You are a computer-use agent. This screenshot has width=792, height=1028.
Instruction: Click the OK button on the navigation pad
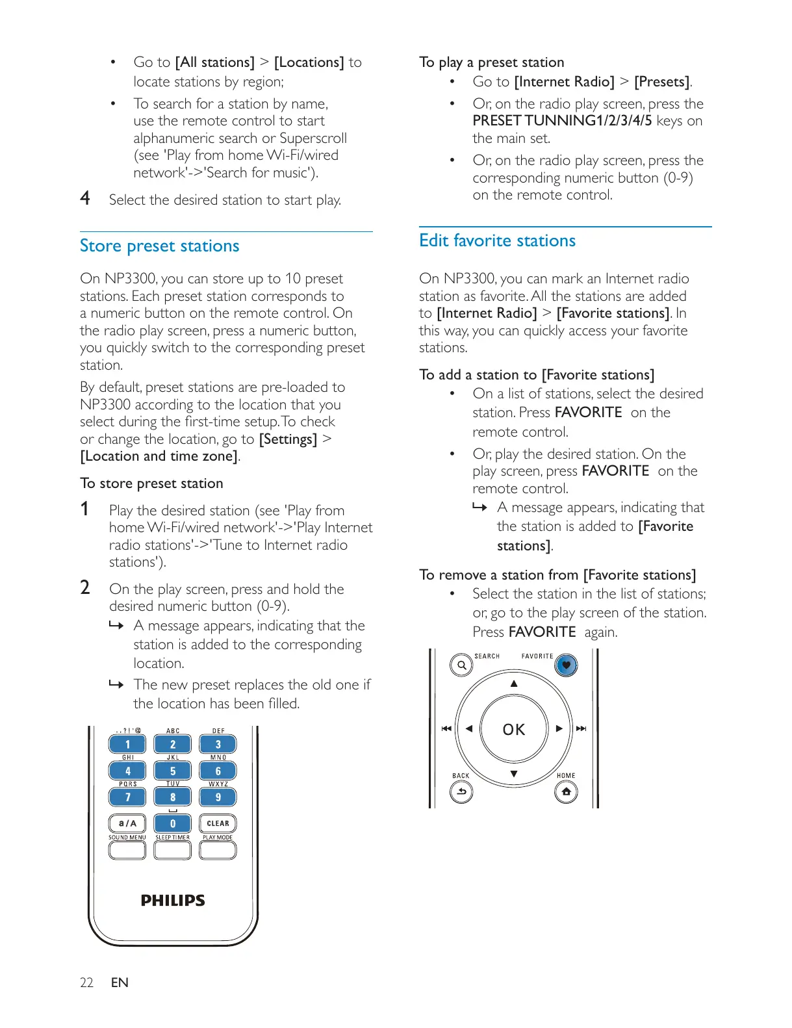click(513, 729)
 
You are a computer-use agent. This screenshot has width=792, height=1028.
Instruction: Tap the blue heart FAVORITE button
click(566, 665)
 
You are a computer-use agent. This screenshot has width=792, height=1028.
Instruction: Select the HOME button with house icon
click(566, 791)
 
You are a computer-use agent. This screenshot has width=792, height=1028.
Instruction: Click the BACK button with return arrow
click(461, 791)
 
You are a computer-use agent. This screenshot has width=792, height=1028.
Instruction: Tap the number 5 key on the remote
click(173, 771)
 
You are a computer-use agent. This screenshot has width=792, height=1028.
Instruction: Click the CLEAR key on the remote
click(218, 823)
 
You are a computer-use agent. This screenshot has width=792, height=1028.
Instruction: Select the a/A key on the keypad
click(127, 823)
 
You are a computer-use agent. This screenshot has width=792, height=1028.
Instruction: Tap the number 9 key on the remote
click(218, 797)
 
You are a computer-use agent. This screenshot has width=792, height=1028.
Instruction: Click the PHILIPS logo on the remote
click(173, 900)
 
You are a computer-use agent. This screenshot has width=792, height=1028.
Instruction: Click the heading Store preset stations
click(160, 246)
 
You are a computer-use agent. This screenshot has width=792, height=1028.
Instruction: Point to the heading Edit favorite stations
click(498, 240)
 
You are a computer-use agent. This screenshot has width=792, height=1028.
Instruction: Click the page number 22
click(86, 983)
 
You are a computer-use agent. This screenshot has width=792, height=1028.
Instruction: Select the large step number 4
click(85, 198)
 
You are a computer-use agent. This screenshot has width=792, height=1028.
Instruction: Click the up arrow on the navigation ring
click(514, 684)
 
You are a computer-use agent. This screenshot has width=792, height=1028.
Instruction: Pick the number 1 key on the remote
click(127, 744)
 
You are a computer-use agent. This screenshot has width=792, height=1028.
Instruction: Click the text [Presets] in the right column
click(662, 82)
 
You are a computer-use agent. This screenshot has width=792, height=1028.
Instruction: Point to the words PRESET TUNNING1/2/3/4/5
click(562, 121)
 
